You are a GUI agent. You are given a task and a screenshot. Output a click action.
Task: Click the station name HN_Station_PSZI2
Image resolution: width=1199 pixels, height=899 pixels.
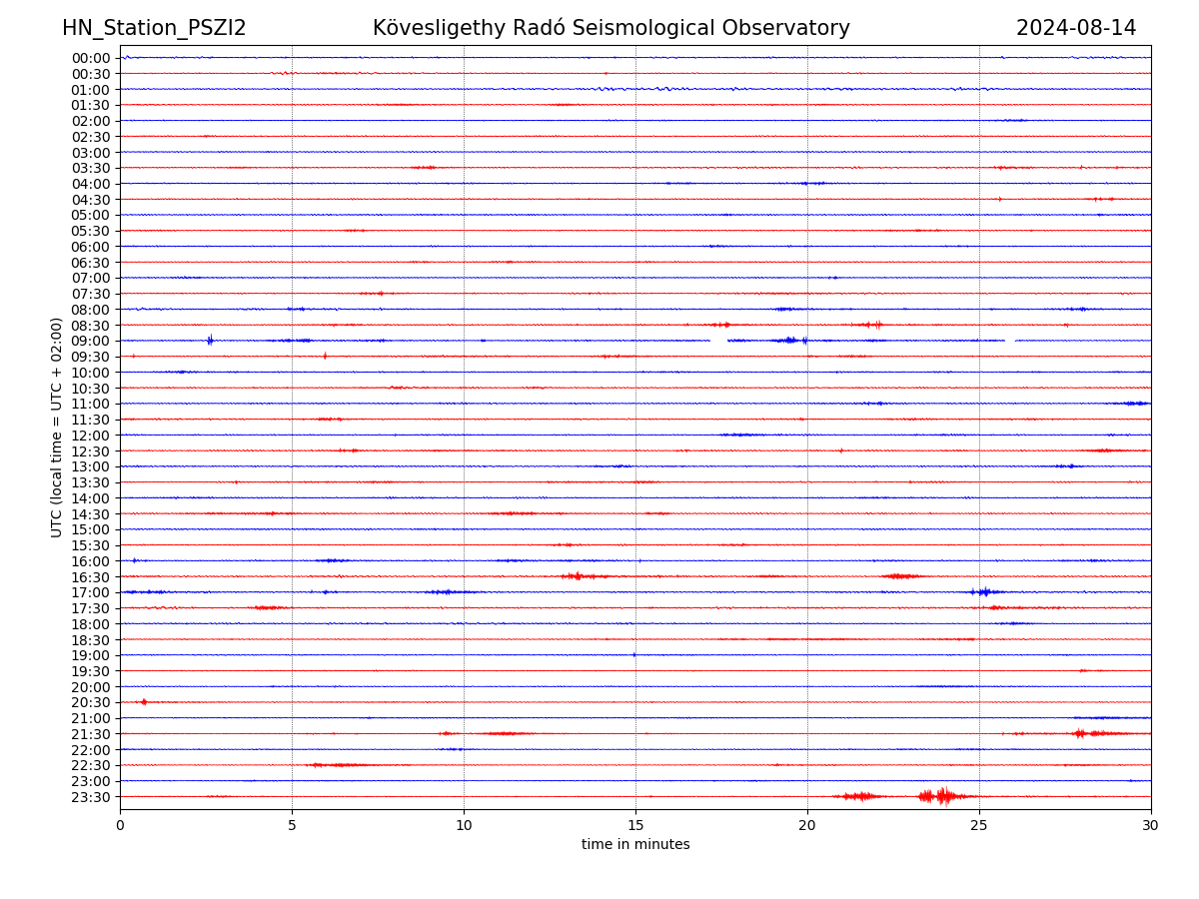tap(154, 28)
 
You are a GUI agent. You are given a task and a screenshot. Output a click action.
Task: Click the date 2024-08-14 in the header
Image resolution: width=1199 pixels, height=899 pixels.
tap(1076, 28)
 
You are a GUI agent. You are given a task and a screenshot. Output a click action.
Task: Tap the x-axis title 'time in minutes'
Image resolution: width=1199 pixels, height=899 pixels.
tap(635, 845)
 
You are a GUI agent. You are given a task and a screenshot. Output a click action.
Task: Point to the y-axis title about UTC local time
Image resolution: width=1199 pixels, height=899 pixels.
tap(57, 427)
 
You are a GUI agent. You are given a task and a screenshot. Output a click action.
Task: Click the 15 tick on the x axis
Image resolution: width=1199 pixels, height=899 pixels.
tap(635, 826)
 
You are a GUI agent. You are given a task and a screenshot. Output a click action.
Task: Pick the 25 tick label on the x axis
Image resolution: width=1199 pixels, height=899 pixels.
tap(979, 826)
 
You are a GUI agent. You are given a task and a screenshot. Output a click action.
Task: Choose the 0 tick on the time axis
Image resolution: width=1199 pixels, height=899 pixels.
tap(120, 826)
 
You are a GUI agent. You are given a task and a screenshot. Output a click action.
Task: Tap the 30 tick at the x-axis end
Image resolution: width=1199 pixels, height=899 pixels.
tap(1151, 826)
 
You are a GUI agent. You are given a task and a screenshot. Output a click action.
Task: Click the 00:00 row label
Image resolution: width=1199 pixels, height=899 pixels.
tap(91, 58)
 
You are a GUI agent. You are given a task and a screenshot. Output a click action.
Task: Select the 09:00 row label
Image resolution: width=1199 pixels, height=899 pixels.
tap(91, 341)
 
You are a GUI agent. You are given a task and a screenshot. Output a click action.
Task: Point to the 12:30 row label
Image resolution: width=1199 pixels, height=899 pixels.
tap(91, 451)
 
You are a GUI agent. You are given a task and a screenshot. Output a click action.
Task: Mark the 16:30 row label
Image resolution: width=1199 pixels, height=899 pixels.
tap(91, 577)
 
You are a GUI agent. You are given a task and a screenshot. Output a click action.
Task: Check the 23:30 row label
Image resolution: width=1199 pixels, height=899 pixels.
tap(91, 797)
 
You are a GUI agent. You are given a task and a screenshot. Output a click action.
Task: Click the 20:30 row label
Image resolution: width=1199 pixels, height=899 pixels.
tap(91, 703)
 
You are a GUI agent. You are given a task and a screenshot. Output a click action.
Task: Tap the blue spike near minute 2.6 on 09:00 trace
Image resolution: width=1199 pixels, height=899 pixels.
tap(210, 341)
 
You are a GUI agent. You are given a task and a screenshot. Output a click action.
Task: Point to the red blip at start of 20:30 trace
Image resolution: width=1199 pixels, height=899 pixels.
tap(144, 702)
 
